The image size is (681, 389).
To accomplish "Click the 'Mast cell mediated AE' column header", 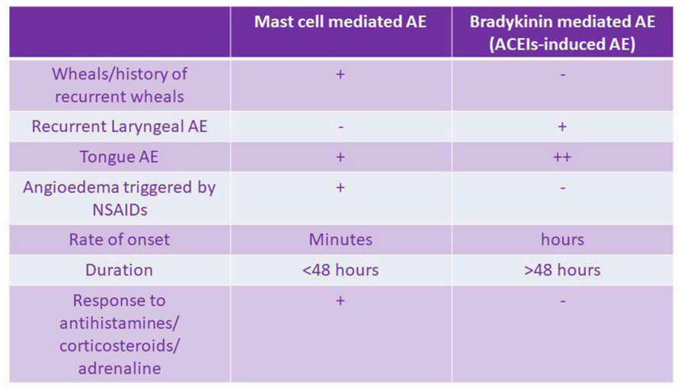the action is [x=340, y=22].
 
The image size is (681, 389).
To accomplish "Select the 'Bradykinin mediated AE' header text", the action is [x=562, y=22].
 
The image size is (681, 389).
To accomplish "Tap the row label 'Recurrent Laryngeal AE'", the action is [x=120, y=127].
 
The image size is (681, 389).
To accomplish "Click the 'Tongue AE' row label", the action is [x=120, y=157].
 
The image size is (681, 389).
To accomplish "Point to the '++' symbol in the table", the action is [x=562, y=157].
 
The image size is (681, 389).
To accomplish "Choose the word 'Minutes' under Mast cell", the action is [x=340, y=240].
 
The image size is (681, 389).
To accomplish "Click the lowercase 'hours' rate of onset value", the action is [x=562, y=240].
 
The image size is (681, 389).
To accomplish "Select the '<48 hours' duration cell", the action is [x=340, y=270].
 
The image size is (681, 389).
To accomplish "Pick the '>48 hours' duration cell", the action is [x=562, y=270].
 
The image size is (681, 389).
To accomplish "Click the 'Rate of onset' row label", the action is [x=120, y=240].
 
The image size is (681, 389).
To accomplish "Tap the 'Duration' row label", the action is [x=120, y=270].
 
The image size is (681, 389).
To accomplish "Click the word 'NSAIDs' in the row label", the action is [x=120, y=211].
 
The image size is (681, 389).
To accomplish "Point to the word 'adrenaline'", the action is [x=120, y=368].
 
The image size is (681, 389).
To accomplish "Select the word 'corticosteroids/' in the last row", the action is [x=120, y=346].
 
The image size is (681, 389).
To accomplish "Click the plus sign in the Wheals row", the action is [x=340, y=75].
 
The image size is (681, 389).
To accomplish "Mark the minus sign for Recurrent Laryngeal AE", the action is [x=340, y=127].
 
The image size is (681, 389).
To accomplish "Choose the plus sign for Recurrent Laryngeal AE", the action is [x=562, y=127].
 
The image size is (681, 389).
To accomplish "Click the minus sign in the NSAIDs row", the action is [x=562, y=188].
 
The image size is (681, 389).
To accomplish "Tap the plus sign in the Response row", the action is [x=340, y=301].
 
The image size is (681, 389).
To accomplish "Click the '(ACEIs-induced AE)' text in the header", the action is [x=562, y=44].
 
